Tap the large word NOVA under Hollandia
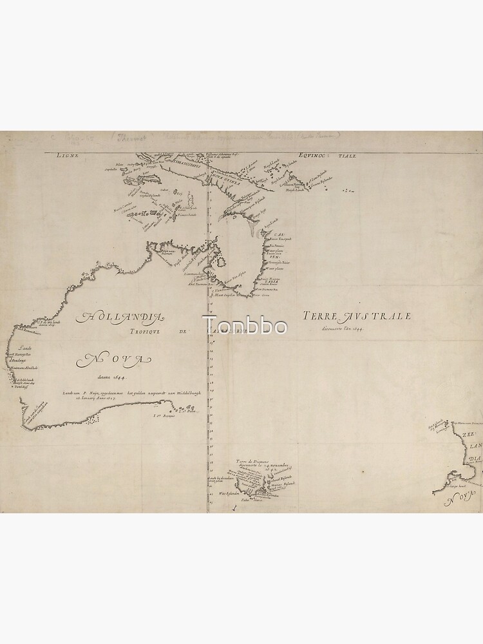[x=117, y=359]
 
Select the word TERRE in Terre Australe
[x=321, y=316]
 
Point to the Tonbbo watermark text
[x=245, y=325]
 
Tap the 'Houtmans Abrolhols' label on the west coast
[x=23, y=368]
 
